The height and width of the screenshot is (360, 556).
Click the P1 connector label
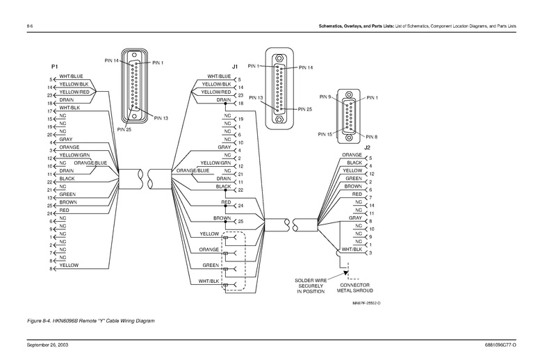[54, 65]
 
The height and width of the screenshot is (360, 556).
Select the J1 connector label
[235, 66]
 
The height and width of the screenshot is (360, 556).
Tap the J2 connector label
[368, 147]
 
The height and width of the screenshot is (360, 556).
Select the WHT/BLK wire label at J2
[352, 248]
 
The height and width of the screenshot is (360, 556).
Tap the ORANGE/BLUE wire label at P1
[91, 163]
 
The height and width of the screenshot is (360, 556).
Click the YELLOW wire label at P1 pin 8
[69, 265]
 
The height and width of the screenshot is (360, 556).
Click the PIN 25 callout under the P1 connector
[125, 129]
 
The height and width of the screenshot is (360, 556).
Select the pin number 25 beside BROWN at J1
[240, 221]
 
